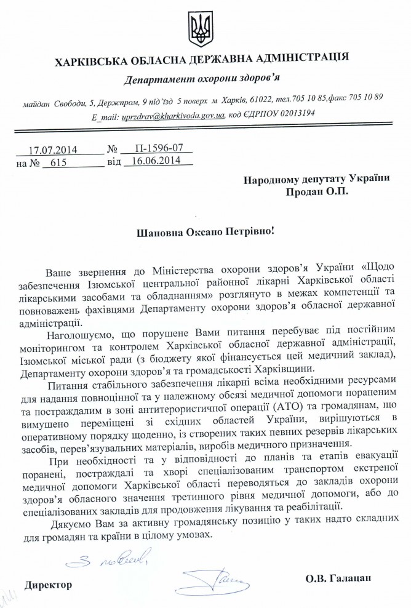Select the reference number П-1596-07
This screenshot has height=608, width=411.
(154, 149)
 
